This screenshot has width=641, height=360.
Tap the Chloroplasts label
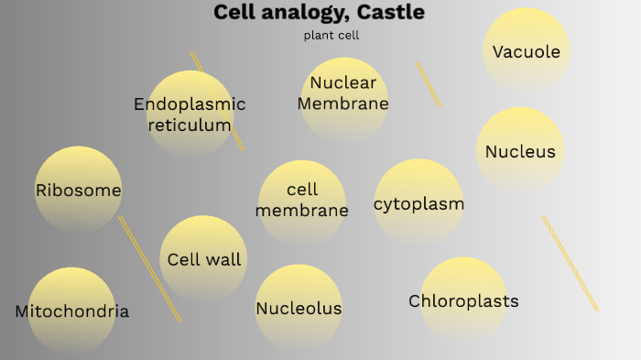pyautogui.click(x=463, y=301)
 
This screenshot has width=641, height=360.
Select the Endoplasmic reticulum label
pyautogui.click(x=190, y=115)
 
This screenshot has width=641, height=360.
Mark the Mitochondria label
pyautogui.click(x=72, y=311)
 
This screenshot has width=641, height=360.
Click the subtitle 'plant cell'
pyautogui.click(x=331, y=36)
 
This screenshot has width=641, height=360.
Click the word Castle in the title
pyautogui.click(x=391, y=13)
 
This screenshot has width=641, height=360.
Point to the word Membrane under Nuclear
pyautogui.click(x=343, y=104)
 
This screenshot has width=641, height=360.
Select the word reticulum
pyautogui.click(x=190, y=125)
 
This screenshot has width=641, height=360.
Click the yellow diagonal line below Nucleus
pyautogui.click(x=570, y=263)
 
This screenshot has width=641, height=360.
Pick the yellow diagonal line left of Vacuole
pyautogui.click(x=428, y=83)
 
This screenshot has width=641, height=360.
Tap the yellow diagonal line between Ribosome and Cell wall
pyautogui.click(x=149, y=268)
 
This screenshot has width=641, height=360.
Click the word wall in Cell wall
pyautogui.click(x=223, y=260)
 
